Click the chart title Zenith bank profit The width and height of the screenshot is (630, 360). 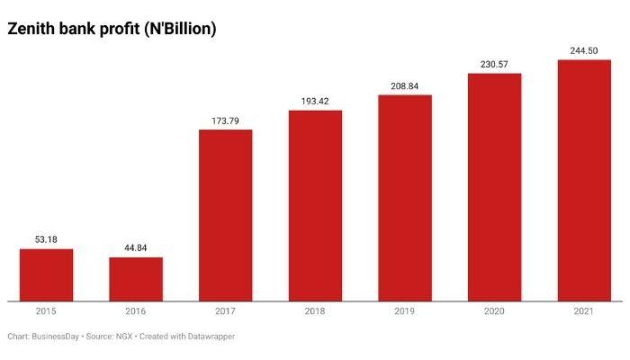112,29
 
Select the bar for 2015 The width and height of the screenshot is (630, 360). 46,274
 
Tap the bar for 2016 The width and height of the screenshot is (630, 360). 136,279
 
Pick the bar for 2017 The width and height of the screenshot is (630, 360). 225,215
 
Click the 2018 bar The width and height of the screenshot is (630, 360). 315,206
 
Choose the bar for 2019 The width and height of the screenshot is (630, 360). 405,198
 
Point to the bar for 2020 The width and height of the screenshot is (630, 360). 495,187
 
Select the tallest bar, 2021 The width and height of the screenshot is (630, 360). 584,180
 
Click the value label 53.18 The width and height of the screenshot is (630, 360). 46,240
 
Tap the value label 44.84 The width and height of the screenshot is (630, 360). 136,248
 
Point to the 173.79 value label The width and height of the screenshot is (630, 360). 225,121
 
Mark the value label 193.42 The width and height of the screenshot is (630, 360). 315,102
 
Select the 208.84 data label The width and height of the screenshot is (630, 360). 405,86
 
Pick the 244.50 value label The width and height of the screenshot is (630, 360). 584,51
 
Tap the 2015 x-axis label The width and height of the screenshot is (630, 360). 46,311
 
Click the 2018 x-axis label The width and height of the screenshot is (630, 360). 315,311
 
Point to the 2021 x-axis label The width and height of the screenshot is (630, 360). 584,311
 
